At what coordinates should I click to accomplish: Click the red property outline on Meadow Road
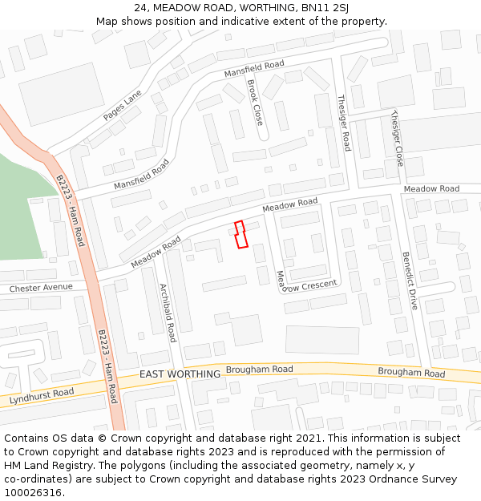240,234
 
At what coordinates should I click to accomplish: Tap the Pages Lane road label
122,105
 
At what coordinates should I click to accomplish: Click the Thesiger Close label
396,138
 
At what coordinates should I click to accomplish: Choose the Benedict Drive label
410,281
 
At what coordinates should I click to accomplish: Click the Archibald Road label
167,313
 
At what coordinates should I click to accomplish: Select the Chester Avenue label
41,288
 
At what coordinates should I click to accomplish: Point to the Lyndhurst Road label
42,395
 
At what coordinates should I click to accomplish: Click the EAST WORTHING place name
180,374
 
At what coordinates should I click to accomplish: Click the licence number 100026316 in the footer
33,492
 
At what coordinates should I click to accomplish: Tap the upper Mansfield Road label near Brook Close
254,69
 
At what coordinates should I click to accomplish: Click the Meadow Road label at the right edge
431,188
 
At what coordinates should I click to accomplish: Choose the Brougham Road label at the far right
411,373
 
